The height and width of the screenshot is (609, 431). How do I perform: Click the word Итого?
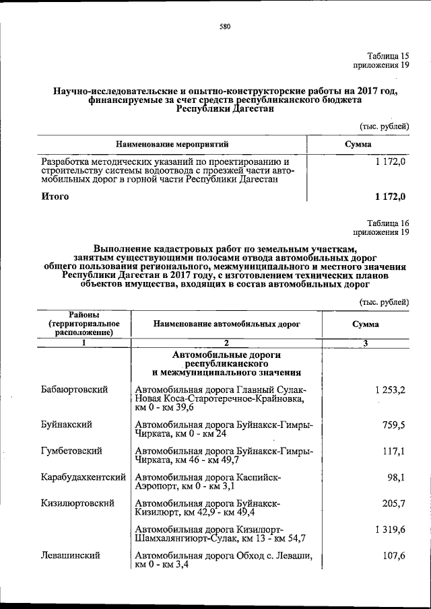(55, 196)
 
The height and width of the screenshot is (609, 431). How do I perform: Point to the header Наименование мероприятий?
(172, 144)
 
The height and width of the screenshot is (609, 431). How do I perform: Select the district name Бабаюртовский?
(74, 390)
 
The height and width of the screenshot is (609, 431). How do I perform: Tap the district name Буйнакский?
(67, 425)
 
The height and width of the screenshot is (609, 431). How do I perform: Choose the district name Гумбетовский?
(71, 451)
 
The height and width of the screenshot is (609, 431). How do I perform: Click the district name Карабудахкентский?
(84, 477)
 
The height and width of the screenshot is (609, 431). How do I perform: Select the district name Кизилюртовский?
(77, 503)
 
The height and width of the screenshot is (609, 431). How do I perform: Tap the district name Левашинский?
(71, 556)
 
